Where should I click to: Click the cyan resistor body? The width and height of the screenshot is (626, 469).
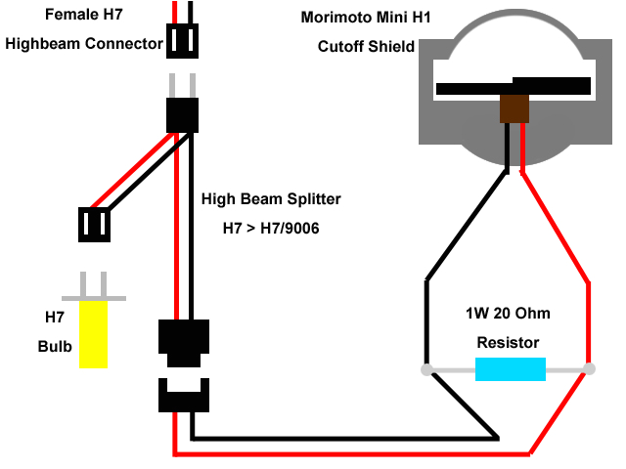(510, 369)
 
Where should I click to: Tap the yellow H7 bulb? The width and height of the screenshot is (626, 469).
(93, 334)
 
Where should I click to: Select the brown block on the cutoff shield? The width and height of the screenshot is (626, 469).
(514, 108)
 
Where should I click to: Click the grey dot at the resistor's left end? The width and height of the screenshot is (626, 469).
(426, 369)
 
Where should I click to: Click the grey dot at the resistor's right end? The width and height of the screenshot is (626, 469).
(589, 369)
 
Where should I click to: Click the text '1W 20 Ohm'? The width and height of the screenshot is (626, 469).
(508, 315)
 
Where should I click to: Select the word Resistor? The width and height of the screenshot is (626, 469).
(508, 343)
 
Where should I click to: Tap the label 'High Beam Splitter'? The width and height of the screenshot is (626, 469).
(271, 198)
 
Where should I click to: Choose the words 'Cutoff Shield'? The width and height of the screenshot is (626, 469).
(366, 46)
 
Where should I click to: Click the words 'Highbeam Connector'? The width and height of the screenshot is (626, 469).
(83, 44)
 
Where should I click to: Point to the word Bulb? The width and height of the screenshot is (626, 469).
(54, 346)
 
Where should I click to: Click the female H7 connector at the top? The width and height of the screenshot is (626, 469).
(183, 41)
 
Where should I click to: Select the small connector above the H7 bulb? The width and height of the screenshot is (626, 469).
(95, 224)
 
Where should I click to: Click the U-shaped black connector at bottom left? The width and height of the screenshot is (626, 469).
(183, 396)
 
